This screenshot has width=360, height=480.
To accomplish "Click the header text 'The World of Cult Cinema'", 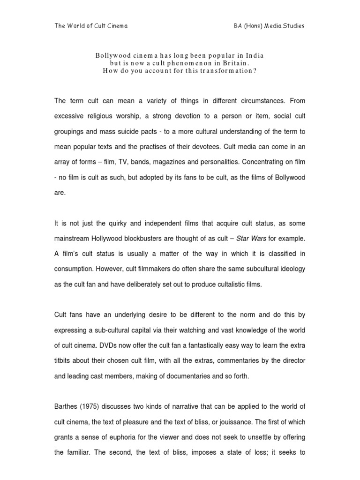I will [91, 26].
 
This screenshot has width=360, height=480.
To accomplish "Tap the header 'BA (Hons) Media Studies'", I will [269, 26].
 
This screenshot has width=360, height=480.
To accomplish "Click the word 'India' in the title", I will [254, 55].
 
